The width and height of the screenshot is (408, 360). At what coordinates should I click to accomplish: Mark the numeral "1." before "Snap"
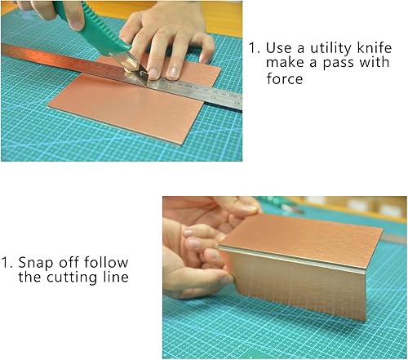click(7, 263)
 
